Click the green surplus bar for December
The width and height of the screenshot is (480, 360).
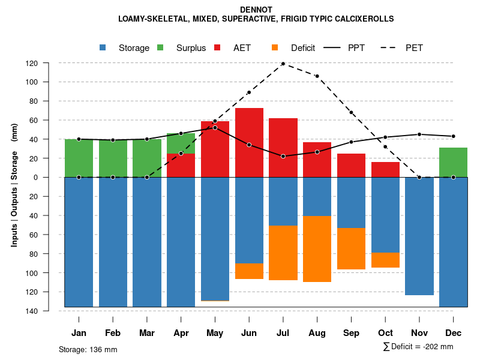click(453, 162)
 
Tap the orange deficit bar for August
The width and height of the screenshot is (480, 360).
click(317, 248)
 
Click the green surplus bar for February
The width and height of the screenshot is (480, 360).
click(113, 158)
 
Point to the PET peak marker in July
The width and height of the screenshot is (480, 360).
click(283, 64)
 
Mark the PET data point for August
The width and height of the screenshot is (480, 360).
click(317, 76)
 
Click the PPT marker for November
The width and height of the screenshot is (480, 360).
click(419, 134)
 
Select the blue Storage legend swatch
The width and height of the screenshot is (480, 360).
click(103, 47)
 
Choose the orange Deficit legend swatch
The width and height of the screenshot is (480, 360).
click(275, 47)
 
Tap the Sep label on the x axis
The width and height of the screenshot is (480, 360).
click(351, 333)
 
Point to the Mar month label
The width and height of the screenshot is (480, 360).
click(147, 333)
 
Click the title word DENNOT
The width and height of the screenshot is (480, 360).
click(256, 10)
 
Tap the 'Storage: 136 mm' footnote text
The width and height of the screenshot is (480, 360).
click(88, 349)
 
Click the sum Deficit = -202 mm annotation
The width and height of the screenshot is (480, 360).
click(418, 346)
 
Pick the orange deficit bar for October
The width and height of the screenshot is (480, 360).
click(385, 260)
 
